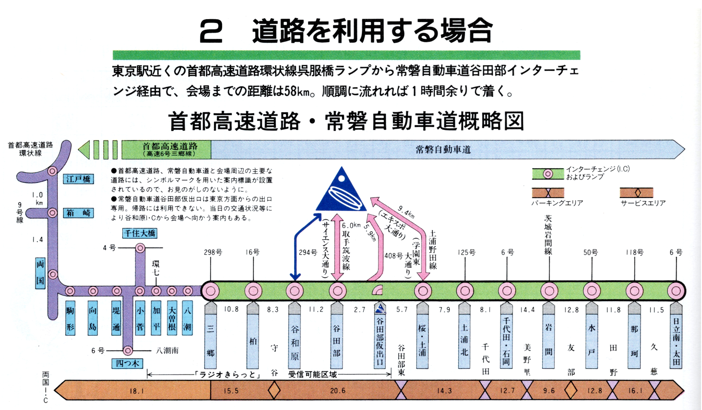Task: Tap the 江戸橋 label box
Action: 79,179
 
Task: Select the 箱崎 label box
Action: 79,212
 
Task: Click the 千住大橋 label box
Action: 140,233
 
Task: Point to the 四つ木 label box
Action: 128,363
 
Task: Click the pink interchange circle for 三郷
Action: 210,291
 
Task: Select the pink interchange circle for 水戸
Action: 592,291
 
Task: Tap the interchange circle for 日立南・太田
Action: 676,291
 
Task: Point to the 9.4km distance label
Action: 406,211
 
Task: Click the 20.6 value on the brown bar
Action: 337,391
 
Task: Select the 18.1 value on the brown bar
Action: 137,391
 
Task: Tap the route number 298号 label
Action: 213,252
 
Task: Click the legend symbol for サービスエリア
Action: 637,193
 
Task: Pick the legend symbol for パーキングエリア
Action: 547,193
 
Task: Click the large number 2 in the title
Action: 211,32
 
